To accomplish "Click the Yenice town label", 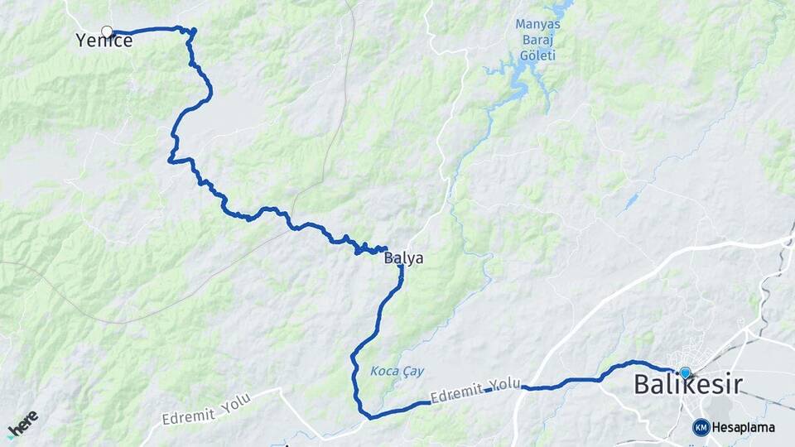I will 104,41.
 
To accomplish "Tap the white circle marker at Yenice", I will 107,31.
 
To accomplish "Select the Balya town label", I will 404,258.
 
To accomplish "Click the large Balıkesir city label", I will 687,385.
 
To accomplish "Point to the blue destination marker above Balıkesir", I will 685,372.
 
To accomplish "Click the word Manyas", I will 537,24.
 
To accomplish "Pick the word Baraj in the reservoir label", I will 538,40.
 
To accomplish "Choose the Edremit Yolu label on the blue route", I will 475,390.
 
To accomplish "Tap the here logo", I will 23,424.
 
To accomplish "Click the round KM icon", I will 701,427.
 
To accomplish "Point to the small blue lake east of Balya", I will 632,201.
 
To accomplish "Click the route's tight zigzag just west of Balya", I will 364,248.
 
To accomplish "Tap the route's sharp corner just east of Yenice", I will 194,32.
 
